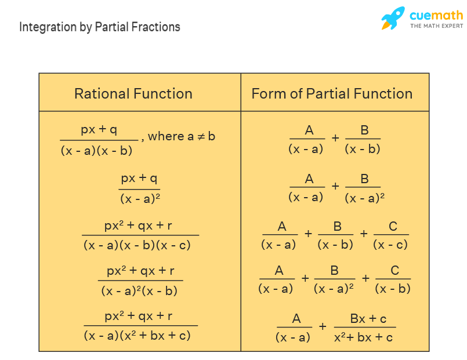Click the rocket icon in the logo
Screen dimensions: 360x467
click(x=393, y=18)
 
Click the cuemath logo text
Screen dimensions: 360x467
click(x=436, y=16)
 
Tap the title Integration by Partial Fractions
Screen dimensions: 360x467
click(x=100, y=27)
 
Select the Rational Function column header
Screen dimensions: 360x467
click(x=133, y=93)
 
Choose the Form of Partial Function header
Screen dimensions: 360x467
click(x=332, y=93)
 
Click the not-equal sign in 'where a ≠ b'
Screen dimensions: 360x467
click(x=200, y=136)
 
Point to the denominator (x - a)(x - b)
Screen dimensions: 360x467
click(x=96, y=150)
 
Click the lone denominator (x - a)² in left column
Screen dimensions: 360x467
click(x=140, y=198)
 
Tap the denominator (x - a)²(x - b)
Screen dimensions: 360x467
click(x=139, y=291)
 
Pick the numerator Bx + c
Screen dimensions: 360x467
click(x=368, y=318)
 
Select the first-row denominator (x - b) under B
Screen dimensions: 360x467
click(x=363, y=148)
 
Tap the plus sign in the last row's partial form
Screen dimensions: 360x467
click(x=323, y=326)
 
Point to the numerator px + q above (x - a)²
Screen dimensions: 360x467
click(x=139, y=177)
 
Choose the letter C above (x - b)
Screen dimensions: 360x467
click(x=394, y=271)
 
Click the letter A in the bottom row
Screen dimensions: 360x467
click(x=296, y=318)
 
